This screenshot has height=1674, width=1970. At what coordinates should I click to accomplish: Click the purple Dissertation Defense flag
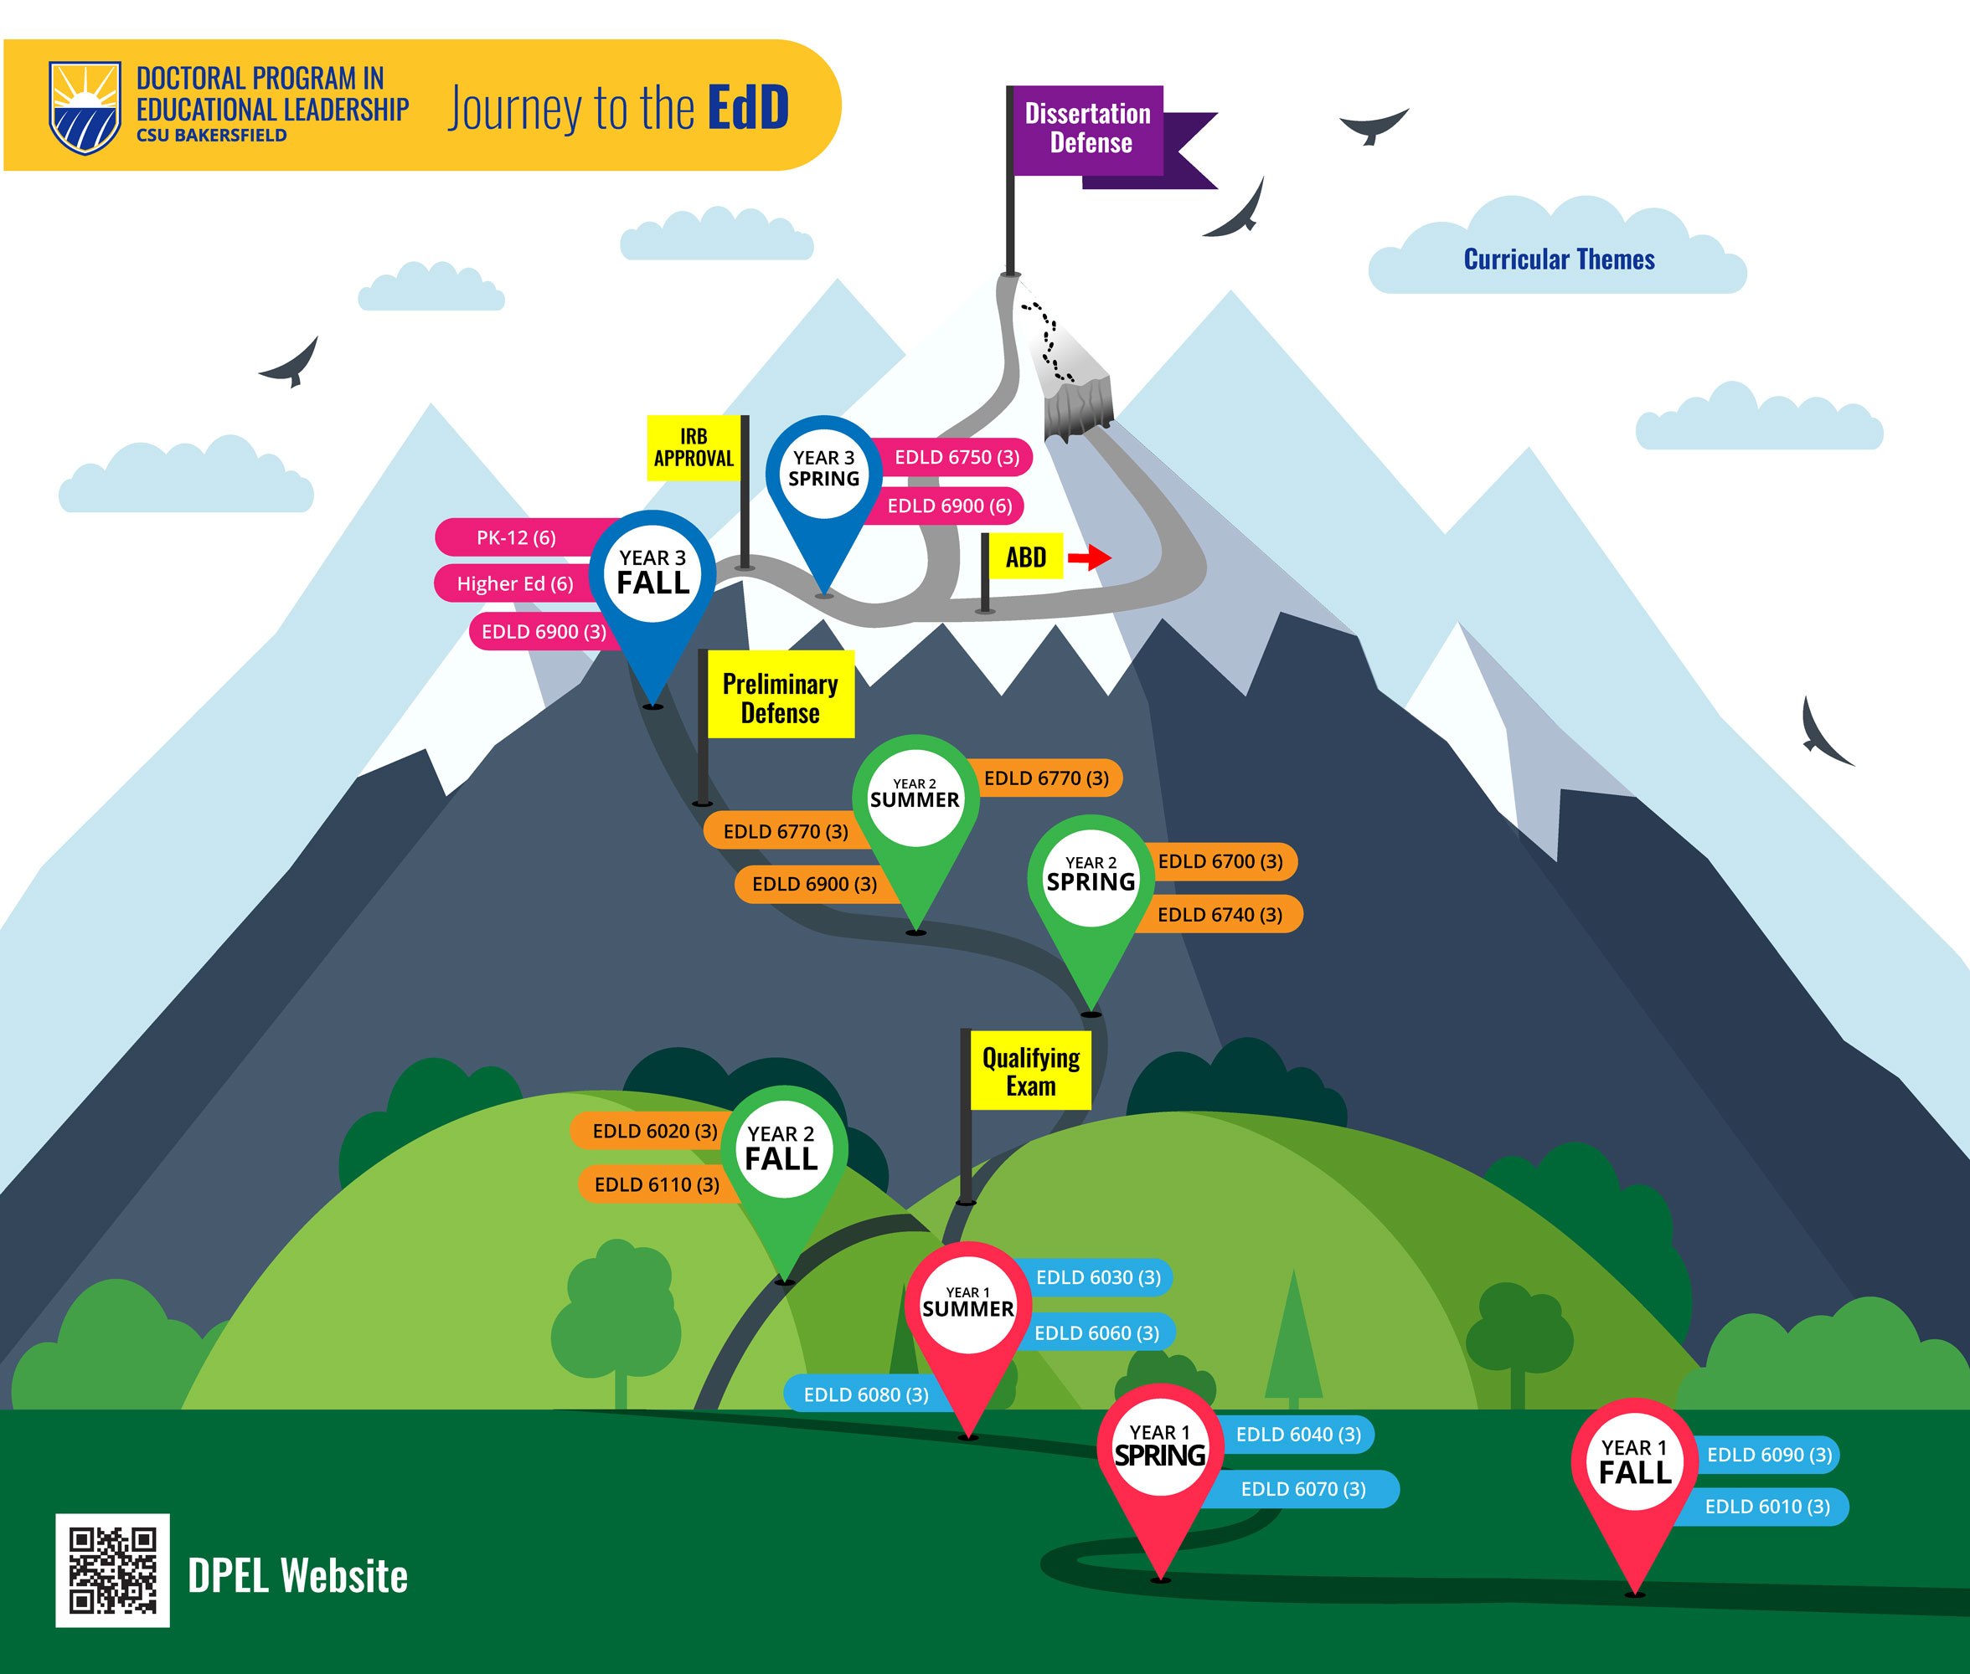click(1088, 129)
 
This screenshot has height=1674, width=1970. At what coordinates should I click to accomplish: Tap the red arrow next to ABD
click(1089, 557)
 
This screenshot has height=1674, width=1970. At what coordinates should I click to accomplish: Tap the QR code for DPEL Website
click(112, 1569)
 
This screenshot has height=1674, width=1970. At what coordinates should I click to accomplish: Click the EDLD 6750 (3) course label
click(956, 457)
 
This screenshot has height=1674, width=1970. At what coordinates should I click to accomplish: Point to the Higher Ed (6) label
click(514, 583)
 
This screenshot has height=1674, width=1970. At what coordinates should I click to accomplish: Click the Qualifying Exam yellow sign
click(1030, 1071)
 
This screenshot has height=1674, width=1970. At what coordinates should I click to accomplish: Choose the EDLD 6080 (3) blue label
click(865, 1394)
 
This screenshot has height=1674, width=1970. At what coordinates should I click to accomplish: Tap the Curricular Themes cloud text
click(1558, 259)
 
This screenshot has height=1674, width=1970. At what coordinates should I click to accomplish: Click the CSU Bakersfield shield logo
click(85, 106)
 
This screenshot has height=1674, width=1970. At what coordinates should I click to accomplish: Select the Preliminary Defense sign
click(780, 697)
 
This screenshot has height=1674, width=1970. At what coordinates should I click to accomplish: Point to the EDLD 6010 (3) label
click(1766, 1506)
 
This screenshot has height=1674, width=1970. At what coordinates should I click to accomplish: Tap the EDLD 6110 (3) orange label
click(656, 1184)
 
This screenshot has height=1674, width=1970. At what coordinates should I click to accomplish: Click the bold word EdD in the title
click(748, 107)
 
